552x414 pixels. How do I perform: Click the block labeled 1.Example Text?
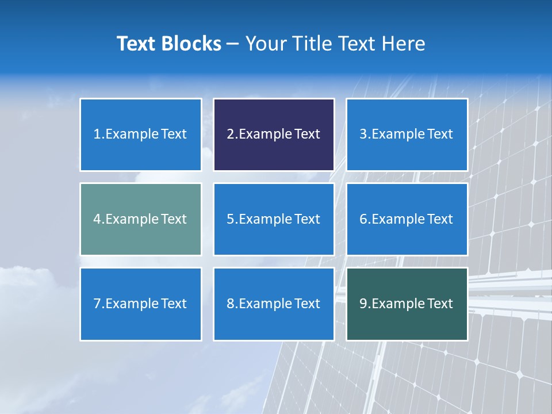[140, 135]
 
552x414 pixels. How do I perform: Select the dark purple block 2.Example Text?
[274, 135]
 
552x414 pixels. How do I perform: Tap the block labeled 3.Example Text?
[407, 135]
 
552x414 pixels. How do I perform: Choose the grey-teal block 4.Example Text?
[140, 219]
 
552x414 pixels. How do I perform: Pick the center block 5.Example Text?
[274, 219]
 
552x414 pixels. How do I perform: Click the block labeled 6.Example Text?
[407, 219]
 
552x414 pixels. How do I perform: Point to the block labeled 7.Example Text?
[140, 304]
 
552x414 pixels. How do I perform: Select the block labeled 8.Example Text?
[274, 304]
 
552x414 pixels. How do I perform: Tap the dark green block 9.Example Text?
[407, 304]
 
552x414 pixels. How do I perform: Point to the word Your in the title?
[265, 44]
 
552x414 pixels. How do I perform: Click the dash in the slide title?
[233, 44]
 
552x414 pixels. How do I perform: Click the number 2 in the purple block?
[230, 135]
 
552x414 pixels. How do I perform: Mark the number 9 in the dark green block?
[363, 304]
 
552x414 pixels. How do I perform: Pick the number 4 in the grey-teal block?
[97, 219]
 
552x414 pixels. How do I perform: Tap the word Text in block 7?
[174, 304]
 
